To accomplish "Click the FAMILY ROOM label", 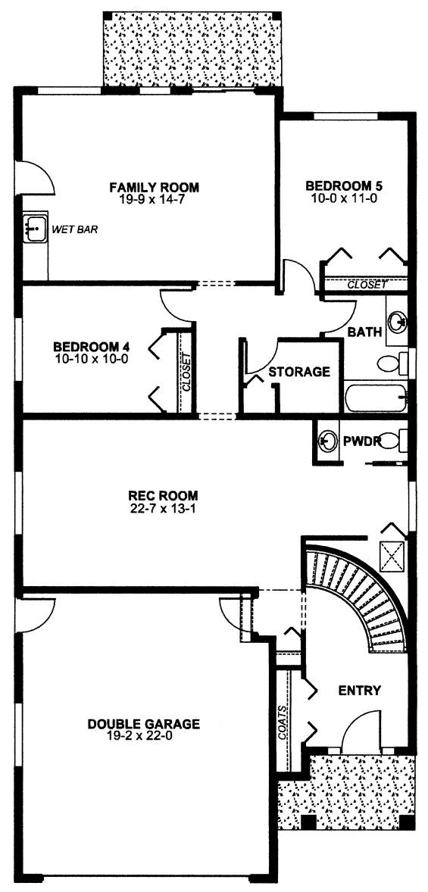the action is pyautogui.click(x=154, y=187).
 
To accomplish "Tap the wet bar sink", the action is pyautogui.click(x=34, y=230).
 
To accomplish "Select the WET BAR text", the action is pyautogui.click(x=75, y=230).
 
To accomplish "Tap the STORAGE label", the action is pyautogui.click(x=298, y=372).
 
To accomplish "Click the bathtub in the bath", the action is pyautogui.click(x=376, y=396).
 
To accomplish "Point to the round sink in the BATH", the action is pyautogui.click(x=397, y=323).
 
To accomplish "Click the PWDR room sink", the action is pyautogui.click(x=326, y=441).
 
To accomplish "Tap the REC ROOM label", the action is pyautogui.click(x=155, y=495).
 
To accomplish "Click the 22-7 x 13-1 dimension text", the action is pyautogui.click(x=155, y=508).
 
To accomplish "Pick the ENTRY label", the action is pyautogui.click(x=359, y=691).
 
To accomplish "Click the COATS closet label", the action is pyautogui.click(x=283, y=722).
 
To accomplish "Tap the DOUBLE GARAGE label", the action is pyautogui.click(x=143, y=724).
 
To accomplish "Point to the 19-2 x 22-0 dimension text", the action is pyautogui.click(x=143, y=736).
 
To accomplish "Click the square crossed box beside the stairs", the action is pyautogui.click(x=392, y=556).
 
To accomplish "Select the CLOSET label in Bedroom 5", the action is pyautogui.click(x=367, y=285).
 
